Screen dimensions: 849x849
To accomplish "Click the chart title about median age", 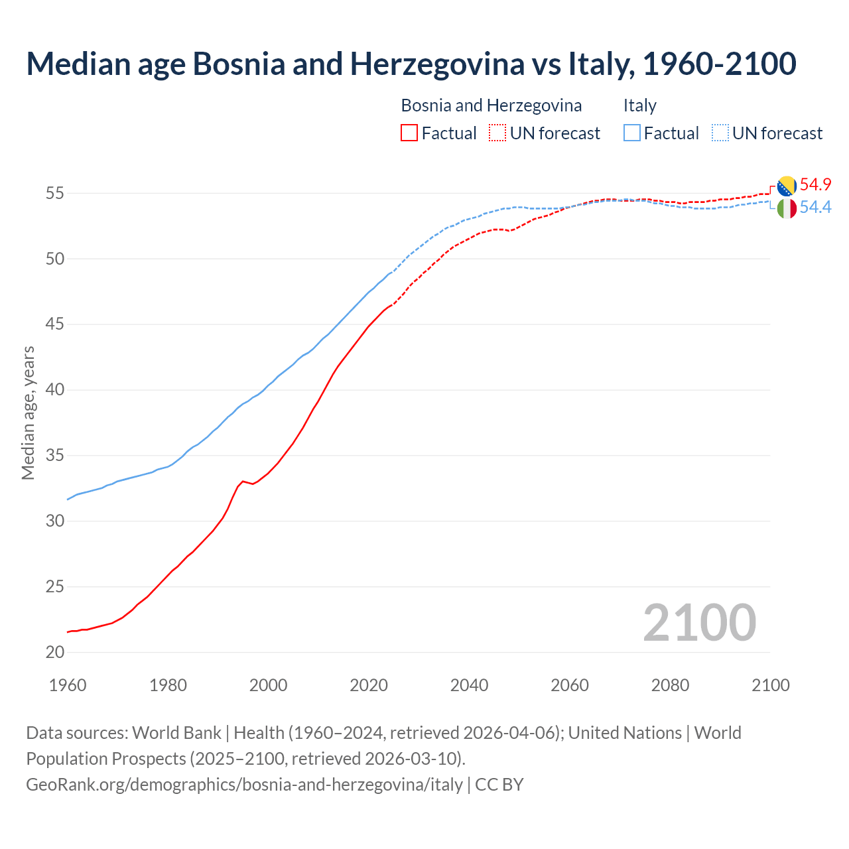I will pyautogui.click(x=411, y=64).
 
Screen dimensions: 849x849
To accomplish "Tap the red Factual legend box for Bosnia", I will pyautogui.click(x=409, y=133).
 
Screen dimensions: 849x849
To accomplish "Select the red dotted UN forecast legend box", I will pyautogui.click(x=497, y=133).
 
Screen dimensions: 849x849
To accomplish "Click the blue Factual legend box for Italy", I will pyautogui.click(x=632, y=133).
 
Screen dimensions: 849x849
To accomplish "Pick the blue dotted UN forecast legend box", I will pyautogui.click(x=720, y=133).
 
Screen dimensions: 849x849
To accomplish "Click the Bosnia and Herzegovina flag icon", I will pyautogui.click(x=787, y=186).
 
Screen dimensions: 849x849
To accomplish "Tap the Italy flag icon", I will pyautogui.click(x=787, y=208).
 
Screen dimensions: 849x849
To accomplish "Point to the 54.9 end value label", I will pyautogui.click(x=815, y=184).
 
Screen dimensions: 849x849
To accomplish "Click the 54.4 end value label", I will pyautogui.click(x=815, y=208).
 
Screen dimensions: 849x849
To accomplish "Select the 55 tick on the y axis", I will pyautogui.click(x=55, y=194).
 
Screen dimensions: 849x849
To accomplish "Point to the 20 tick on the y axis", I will pyautogui.click(x=55, y=653).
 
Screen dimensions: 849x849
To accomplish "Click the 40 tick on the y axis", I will pyautogui.click(x=55, y=390).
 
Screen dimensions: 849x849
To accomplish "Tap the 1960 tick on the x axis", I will pyautogui.click(x=68, y=685).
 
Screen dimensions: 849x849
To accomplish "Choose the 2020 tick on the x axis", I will pyautogui.click(x=369, y=685).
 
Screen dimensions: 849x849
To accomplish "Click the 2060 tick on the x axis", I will pyautogui.click(x=570, y=685).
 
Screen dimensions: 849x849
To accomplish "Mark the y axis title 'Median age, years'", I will pyautogui.click(x=28, y=413).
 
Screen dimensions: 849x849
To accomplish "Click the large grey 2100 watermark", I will pyautogui.click(x=699, y=622).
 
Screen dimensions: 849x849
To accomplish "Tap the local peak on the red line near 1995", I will pyautogui.click(x=243, y=481).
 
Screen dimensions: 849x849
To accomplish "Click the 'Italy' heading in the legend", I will pyautogui.click(x=639, y=105).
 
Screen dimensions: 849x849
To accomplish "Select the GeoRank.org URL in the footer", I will pyautogui.click(x=244, y=784).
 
